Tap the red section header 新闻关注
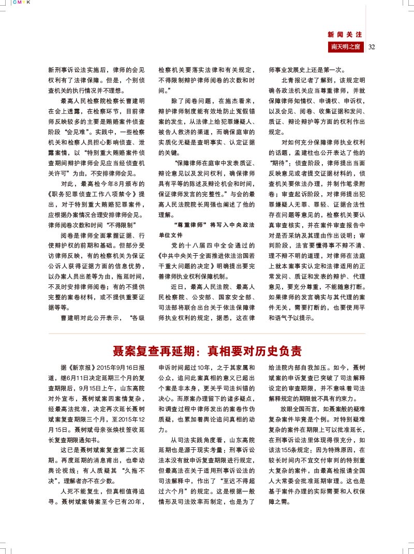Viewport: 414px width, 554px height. point(345,35)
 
